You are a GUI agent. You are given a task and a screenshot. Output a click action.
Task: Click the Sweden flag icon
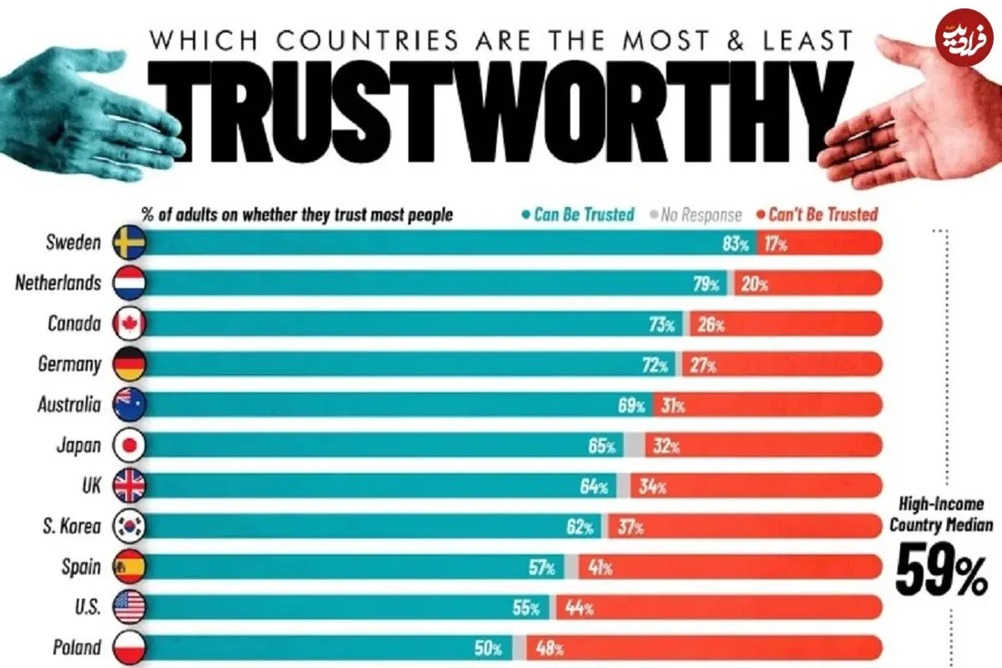click(x=129, y=243)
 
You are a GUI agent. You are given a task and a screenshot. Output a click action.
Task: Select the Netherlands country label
click(x=58, y=283)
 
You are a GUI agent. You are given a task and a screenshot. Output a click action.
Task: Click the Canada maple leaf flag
click(x=129, y=324)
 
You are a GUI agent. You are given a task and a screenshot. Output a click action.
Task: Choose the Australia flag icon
click(x=129, y=405)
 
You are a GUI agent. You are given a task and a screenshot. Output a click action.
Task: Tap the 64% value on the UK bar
click(x=594, y=487)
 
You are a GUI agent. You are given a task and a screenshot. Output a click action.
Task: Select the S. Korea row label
click(x=73, y=526)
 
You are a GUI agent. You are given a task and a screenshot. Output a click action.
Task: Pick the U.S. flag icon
click(x=129, y=607)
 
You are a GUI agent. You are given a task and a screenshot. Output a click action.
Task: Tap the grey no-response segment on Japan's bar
click(x=635, y=446)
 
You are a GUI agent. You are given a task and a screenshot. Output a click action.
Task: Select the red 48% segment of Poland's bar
click(x=710, y=648)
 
